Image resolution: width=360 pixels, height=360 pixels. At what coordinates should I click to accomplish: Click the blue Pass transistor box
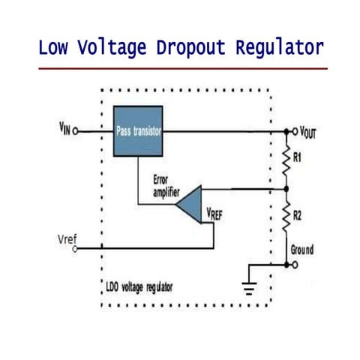(x=138, y=130)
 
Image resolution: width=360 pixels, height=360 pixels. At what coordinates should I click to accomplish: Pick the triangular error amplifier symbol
(x=190, y=203)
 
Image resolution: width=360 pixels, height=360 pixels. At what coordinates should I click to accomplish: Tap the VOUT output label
(x=308, y=132)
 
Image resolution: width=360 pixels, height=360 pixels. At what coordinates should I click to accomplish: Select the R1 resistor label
(x=298, y=158)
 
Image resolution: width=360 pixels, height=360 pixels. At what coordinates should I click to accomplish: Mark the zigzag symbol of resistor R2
(x=286, y=217)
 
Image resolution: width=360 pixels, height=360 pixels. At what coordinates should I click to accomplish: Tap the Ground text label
(x=301, y=250)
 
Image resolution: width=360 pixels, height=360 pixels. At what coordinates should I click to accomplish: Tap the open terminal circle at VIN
(x=77, y=130)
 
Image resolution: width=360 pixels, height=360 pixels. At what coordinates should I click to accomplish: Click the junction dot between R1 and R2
(x=286, y=189)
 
